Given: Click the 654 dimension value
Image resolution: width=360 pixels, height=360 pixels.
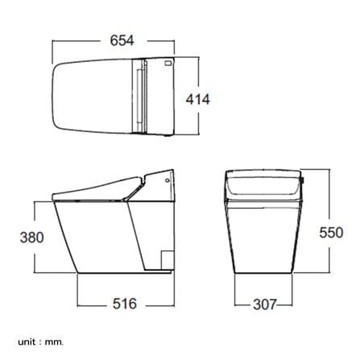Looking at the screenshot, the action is click(122, 40).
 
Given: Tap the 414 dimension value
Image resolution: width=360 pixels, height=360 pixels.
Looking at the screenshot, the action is click(198, 99).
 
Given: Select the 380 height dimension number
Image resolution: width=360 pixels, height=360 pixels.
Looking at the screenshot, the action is click(31, 238).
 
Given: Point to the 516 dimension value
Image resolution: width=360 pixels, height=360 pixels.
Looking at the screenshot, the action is click(125, 304).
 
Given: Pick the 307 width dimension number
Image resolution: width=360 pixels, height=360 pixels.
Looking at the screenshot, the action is click(265, 304).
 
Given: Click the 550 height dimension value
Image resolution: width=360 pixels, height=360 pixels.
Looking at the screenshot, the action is click(331, 233).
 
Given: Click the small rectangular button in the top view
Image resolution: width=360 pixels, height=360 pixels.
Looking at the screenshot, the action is click(168, 64).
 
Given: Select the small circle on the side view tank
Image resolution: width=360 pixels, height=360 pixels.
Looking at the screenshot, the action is click(168, 180).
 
